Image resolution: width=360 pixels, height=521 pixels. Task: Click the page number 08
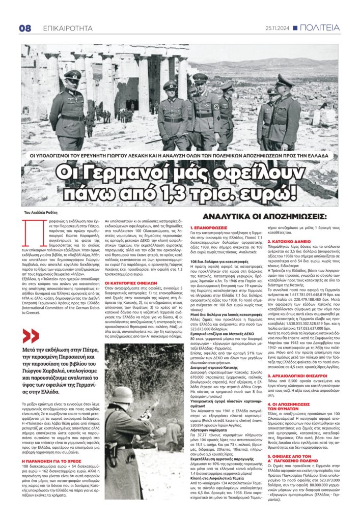click(x=25, y=28)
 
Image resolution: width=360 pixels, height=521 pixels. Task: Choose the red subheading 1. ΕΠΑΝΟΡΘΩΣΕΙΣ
click(x=210, y=227)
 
